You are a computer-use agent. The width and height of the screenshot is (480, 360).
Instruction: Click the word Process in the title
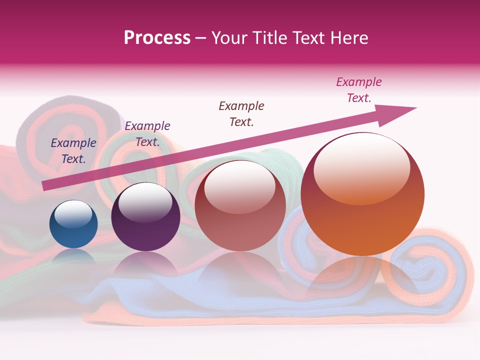point(157,38)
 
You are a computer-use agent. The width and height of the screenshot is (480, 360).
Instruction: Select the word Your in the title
point(229,38)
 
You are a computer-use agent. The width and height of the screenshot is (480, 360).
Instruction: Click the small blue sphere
point(73,224)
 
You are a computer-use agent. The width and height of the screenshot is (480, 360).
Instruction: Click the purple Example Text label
point(147,134)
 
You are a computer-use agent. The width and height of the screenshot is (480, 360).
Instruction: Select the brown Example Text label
point(241,114)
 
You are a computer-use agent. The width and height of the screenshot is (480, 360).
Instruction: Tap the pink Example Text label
point(359,90)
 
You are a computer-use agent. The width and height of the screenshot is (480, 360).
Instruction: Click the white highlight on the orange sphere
point(361,167)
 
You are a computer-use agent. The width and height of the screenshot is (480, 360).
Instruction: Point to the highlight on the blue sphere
point(73,213)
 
